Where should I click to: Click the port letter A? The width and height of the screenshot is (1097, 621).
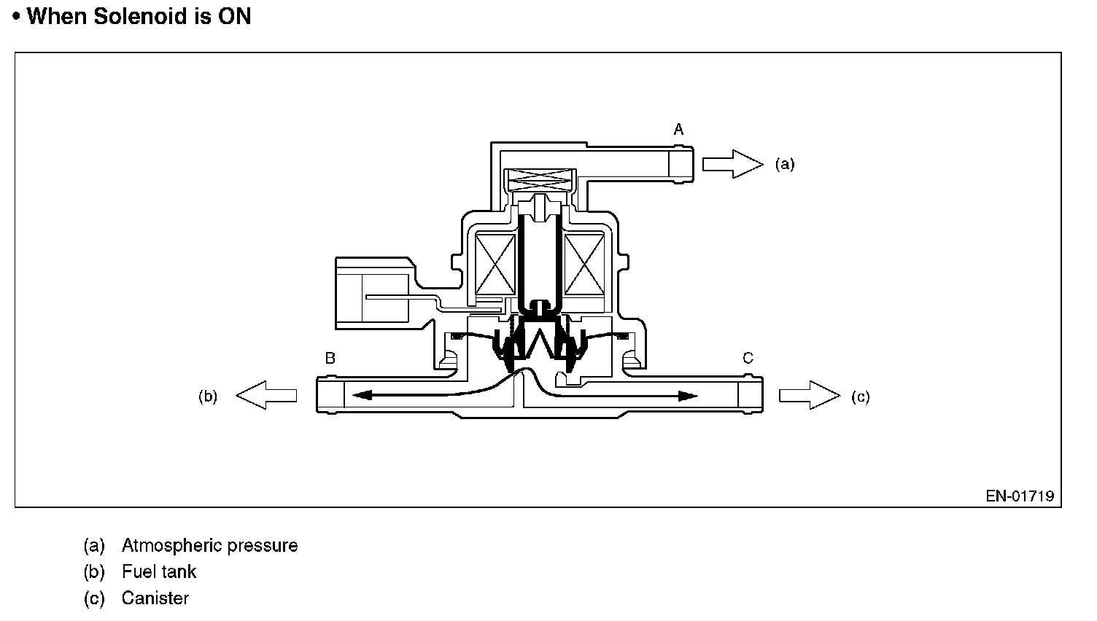pyautogui.click(x=678, y=130)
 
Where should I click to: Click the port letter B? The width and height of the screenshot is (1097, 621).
pyautogui.click(x=330, y=359)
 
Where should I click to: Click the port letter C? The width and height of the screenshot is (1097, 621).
pyautogui.click(x=748, y=359)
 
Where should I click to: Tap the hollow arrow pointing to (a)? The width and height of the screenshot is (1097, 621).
pyautogui.click(x=732, y=163)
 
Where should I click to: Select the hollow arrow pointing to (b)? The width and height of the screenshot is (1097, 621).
pyautogui.click(x=267, y=396)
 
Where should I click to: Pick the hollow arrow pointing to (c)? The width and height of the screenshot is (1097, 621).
pyautogui.click(x=809, y=396)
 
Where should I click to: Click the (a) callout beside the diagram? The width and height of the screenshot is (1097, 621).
pyautogui.click(x=785, y=165)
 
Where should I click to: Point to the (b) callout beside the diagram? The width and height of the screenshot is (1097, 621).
pyautogui.click(x=208, y=397)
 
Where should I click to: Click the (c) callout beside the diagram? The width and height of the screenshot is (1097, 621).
pyautogui.click(x=861, y=397)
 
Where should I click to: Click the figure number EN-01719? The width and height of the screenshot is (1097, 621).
pyautogui.click(x=1020, y=496)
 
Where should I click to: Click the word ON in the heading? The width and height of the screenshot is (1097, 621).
pyautogui.click(x=234, y=17)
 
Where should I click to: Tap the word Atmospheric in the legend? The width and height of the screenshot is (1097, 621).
pyautogui.click(x=174, y=545)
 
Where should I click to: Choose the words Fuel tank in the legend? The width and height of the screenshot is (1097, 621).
pyautogui.click(x=159, y=571)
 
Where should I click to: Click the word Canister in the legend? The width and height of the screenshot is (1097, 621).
pyautogui.click(x=155, y=598)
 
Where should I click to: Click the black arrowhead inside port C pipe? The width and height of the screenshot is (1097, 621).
pyautogui.click(x=687, y=396)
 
